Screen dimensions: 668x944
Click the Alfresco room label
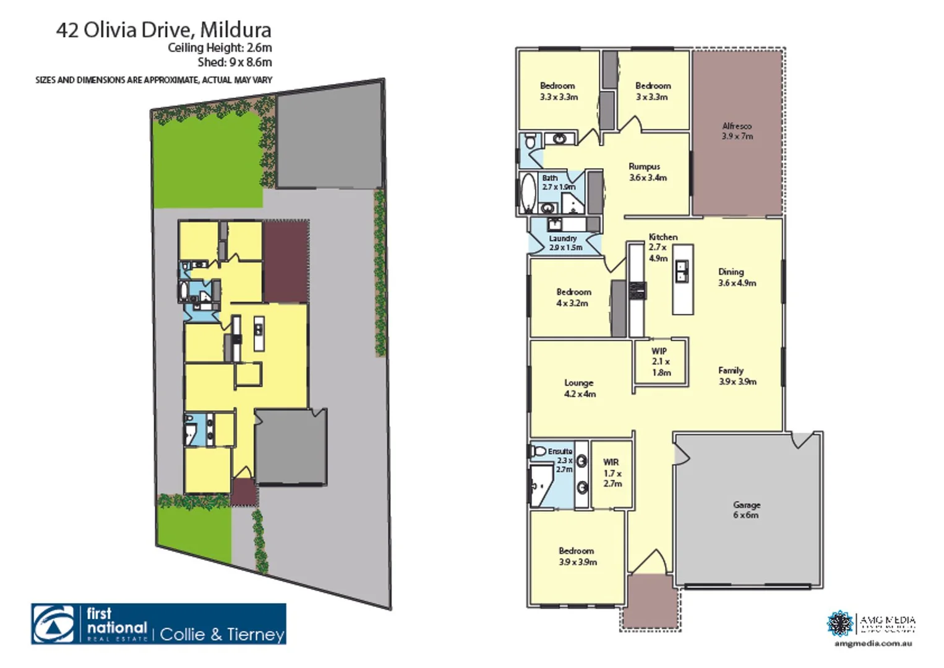[x=737, y=131]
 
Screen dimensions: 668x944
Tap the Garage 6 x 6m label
[x=746, y=510]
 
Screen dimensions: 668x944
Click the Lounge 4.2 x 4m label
[x=579, y=388]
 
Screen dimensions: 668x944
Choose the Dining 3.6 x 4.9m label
[x=736, y=277]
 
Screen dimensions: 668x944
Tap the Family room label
[x=737, y=375]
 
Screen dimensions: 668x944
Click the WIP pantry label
[x=661, y=362]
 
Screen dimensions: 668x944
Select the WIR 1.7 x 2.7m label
[x=612, y=473]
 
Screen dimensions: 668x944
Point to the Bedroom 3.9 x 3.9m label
[x=577, y=556]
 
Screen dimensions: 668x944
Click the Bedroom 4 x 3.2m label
[x=573, y=298]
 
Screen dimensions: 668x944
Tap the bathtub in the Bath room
[x=528, y=192]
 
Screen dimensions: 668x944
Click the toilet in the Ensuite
[x=539, y=451]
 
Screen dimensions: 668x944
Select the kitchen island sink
[x=682, y=271]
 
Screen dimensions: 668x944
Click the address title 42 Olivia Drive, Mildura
[x=163, y=30]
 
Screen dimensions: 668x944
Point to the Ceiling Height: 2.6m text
[x=220, y=48]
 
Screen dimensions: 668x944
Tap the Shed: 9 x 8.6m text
[x=234, y=62]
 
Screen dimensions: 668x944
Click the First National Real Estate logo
[x=158, y=623]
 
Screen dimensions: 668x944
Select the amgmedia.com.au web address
[x=873, y=643]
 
